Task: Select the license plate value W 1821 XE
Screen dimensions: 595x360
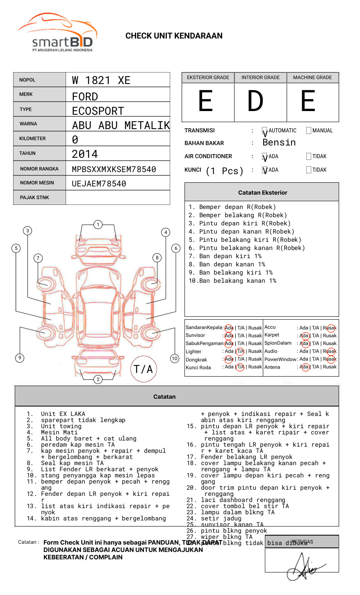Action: [101, 80]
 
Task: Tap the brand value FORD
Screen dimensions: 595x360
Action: [85, 97]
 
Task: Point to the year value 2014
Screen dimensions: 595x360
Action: [85, 154]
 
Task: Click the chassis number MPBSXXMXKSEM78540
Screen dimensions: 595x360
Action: [114, 169]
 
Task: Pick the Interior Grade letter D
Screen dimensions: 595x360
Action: [255, 101]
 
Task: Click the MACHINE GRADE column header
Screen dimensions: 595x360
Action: [312, 77]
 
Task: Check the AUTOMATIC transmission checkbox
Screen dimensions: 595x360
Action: [265, 131]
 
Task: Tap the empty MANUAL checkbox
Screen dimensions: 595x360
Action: [309, 131]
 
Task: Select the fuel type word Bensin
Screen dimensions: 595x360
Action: [279, 143]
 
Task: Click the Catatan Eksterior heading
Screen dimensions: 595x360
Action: [262, 193]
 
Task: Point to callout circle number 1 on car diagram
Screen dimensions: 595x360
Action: [98, 225]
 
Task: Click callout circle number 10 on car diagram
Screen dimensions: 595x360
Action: [175, 359]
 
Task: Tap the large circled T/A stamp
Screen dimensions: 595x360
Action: [143, 369]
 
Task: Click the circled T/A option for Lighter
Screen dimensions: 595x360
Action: [240, 351]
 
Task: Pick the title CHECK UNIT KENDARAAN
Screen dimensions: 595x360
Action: [174, 36]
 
